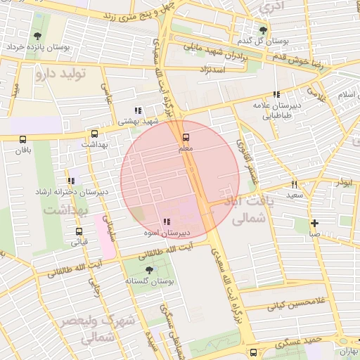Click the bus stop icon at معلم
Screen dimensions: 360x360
[186, 138]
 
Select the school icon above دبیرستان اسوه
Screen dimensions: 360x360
[166, 222]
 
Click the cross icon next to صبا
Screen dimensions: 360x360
[314, 223]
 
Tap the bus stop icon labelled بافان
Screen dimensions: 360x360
[24, 139]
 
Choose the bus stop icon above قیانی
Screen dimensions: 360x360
[78, 231]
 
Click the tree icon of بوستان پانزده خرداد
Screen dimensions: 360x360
[36, 35]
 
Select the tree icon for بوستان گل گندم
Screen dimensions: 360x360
[263, 30]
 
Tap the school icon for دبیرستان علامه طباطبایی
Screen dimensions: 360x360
[276, 94]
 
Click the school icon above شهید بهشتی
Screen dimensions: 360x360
[138, 110]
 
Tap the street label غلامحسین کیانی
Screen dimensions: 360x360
[296, 306]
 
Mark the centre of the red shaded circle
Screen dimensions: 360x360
[180, 180]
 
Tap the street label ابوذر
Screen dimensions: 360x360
[343, 182]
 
